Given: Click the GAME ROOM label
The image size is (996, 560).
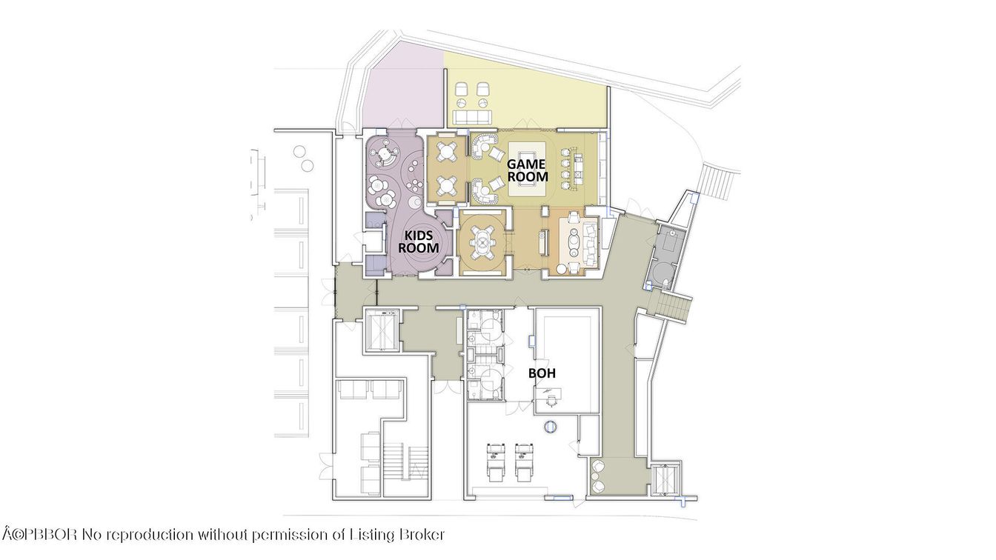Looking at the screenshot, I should (527, 170).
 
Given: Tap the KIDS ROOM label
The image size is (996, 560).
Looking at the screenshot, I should (419, 241).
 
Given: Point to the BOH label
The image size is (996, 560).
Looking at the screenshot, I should (540, 373).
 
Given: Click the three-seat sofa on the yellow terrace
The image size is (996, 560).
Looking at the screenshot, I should (471, 116).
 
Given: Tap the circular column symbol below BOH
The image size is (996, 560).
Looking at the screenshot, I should (551, 427).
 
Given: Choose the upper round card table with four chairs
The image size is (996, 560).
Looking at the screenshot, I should (447, 152).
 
